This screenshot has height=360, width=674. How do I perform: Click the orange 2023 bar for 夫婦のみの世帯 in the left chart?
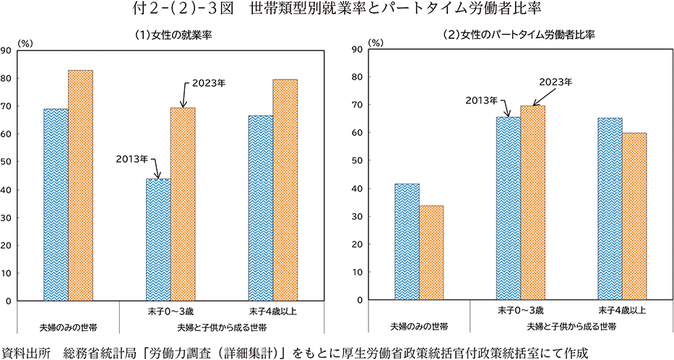[x=81, y=185]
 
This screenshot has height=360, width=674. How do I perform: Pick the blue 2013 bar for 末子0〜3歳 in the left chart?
[x=158, y=239]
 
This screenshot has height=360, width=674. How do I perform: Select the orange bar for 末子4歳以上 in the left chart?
[x=285, y=190]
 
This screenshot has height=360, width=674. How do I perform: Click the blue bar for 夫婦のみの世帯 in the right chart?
[x=407, y=242]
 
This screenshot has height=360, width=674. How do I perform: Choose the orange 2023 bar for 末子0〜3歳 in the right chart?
[x=533, y=203]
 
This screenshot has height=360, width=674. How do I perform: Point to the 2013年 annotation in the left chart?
[x=131, y=158]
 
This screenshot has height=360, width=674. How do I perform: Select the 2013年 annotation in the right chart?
[x=480, y=99]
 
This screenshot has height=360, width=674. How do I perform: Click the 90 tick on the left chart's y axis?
[x=6, y=51]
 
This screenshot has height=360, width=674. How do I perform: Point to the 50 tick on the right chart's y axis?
[x=355, y=160]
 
